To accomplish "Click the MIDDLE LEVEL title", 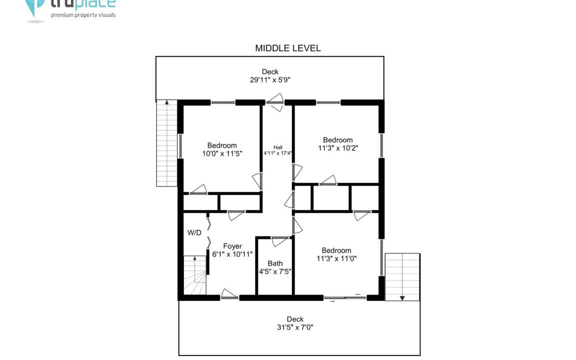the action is [x=287, y=48].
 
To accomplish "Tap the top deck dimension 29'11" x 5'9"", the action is [x=270, y=79].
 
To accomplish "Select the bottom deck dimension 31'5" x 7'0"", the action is [x=295, y=327].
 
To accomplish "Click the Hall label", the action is [x=277, y=147].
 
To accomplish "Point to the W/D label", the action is [x=194, y=232].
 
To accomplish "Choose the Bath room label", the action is [x=275, y=263].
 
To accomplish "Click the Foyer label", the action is [x=232, y=246].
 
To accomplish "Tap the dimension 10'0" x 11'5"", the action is [x=222, y=153].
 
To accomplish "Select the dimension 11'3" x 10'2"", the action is [x=338, y=148].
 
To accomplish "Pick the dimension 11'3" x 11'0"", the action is [x=336, y=258].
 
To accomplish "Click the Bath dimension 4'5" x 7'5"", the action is [x=275, y=271].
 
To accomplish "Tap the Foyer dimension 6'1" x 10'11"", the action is [x=232, y=254].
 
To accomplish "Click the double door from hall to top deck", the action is [x=275, y=102].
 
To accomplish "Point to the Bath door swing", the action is [x=280, y=241].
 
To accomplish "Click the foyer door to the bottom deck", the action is [x=229, y=294].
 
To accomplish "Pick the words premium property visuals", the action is [x=83, y=15].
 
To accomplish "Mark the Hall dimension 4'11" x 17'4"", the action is [x=277, y=153].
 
